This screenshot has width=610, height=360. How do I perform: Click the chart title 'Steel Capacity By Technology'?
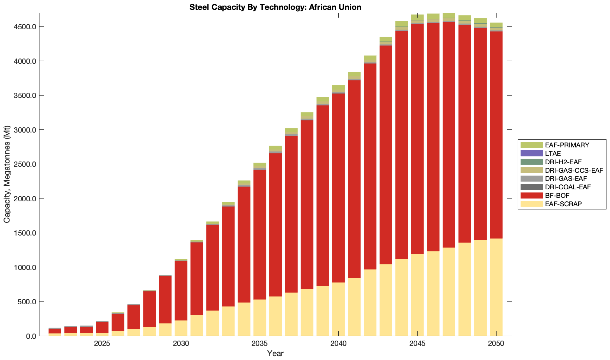[x=275, y=7]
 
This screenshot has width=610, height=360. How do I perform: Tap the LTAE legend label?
[x=553, y=153]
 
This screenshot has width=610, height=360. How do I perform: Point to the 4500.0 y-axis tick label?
[x=24, y=27]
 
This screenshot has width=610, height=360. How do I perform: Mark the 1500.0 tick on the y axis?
[x=24, y=233]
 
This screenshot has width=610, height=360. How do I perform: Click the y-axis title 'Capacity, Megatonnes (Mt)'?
[x=7, y=174]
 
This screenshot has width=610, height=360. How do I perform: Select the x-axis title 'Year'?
[x=275, y=353]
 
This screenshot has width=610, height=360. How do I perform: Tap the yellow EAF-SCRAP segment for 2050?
[x=496, y=287]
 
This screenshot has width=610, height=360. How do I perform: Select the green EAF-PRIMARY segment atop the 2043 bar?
[x=386, y=39]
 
